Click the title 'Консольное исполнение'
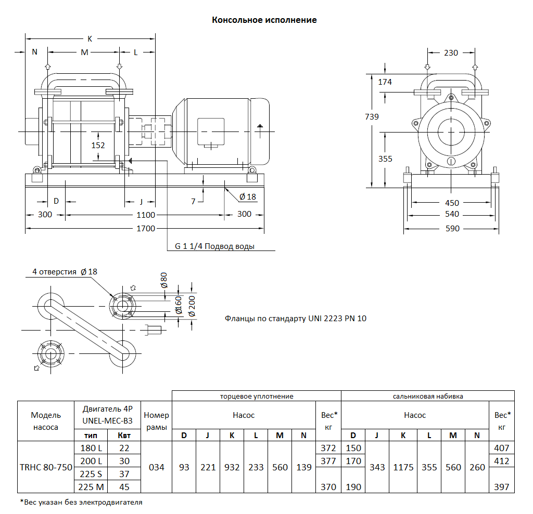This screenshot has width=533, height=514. pyautogui.click(x=264, y=20)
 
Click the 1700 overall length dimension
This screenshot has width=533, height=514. pyautogui.click(x=146, y=228)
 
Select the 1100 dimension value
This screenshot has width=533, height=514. pyautogui.click(x=146, y=215)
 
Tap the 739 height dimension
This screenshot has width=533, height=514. pyautogui.click(x=372, y=117)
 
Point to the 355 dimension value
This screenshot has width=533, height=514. pyautogui.click(x=385, y=159)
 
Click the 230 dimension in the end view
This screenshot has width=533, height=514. pyautogui.click(x=451, y=52)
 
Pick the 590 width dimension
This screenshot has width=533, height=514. pyautogui.click(x=452, y=228)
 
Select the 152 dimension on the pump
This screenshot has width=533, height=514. pyautogui.click(x=98, y=146)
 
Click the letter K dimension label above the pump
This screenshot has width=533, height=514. pyautogui.click(x=90, y=39)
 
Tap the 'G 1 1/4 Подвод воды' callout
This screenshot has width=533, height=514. pyautogui.click(x=214, y=246)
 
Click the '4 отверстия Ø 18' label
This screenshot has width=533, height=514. pyautogui.click(x=65, y=272)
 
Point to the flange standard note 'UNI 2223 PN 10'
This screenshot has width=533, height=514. pyautogui.click(x=295, y=318)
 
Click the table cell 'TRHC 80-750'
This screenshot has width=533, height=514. pyautogui.click(x=44, y=467)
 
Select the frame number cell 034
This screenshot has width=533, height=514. pyautogui.click(x=157, y=467)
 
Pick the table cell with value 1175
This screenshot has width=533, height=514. pyautogui.click(x=403, y=467)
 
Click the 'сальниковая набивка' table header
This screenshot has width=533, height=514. pyautogui.click(x=427, y=396)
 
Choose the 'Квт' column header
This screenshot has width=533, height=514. pyautogui.click(x=124, y=436)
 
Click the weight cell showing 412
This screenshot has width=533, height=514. pyautogui.click(x=501, y=461)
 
